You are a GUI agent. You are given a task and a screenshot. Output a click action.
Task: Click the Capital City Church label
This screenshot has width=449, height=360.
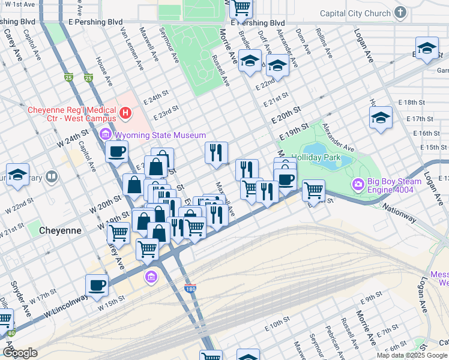click(355, 13)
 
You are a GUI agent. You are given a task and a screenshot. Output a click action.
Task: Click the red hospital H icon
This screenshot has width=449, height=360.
click(125, 112)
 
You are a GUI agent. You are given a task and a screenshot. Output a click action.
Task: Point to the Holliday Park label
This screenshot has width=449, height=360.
click(316, 157)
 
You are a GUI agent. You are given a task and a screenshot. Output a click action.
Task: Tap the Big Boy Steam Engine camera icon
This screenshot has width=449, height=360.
click(358, 184)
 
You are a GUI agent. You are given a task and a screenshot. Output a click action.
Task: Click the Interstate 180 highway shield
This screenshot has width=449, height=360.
click(190, 289)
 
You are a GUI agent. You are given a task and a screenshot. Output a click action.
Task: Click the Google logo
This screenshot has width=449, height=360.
click(19, 353)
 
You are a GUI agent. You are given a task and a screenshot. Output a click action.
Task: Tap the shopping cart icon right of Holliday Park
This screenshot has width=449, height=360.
click(313, 191)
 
